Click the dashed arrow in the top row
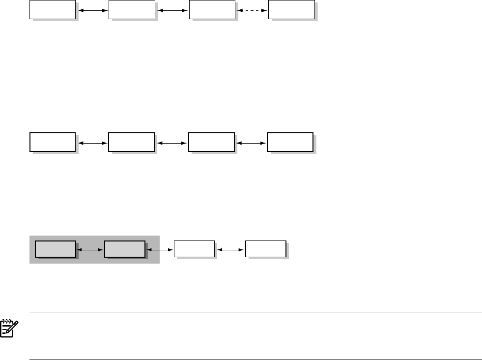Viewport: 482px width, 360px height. tap(252, 9)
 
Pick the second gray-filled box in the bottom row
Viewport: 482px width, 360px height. tap(125, 249)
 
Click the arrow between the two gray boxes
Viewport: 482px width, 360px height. tap(90, 250)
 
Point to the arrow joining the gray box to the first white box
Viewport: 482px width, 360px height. tap(160, 250)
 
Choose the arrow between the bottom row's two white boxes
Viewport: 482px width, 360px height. tap(230, 250)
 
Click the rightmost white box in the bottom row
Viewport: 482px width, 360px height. tap(265, 249)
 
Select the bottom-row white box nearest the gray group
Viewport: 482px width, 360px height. tap(195, 249)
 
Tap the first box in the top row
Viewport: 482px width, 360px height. tap(53, 9)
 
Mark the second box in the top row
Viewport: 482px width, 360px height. tap(131, 9)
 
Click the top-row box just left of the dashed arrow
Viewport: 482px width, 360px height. tap(212, 9)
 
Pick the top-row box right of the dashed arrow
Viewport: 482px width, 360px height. tap(291, 9)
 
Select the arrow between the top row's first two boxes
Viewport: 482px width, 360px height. tap(92, 9)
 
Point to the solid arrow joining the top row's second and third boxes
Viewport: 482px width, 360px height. tap(172, 9)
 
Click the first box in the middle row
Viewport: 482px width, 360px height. tap(53, 142)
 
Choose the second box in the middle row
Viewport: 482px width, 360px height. tap(131, 142)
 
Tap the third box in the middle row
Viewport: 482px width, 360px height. tap(212, 142)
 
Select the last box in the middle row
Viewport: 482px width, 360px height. tap(290, 142)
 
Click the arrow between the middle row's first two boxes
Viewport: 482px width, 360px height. tap(92, 143)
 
